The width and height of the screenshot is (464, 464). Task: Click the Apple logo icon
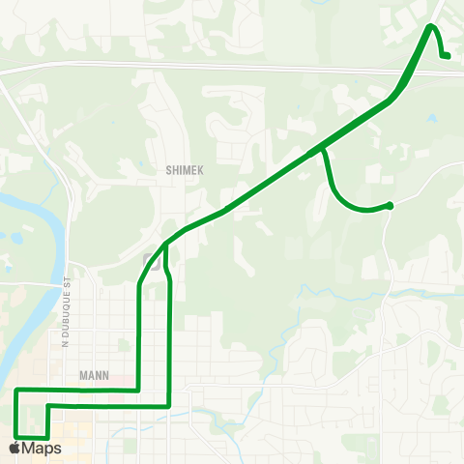click(13, 449)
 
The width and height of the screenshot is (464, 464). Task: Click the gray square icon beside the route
click(151, 259)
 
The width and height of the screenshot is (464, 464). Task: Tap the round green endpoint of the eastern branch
click(389, 205)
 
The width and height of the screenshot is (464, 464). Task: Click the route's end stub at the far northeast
click(447, 56)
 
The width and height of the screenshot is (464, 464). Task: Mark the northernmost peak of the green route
click(430, 26)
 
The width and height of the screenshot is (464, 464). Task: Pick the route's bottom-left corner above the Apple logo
click(16, 434)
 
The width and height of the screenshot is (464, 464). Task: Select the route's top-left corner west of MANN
click(16, 391)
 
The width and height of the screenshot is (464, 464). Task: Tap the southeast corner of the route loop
click(169, 407)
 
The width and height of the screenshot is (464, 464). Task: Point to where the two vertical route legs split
click(166, 245)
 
